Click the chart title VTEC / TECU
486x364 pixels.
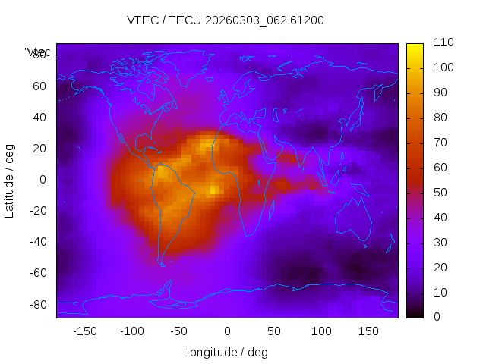[226, 20]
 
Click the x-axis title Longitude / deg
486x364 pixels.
[226, 353]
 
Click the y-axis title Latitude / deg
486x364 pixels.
[10, 180]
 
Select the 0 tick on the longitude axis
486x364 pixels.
[227, 331]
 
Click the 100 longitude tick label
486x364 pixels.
[321, 331]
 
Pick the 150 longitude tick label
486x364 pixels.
[368, 331]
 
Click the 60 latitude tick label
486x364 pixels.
[39, 86]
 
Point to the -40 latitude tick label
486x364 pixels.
[37, 242]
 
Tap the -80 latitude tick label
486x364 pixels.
[37, 304]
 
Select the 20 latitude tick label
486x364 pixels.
[39, 149]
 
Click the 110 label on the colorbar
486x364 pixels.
[443, 43]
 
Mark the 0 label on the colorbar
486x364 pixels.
[437, 317]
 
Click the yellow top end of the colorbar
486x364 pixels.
[415, 47]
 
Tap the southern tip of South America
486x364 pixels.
[160, 263]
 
